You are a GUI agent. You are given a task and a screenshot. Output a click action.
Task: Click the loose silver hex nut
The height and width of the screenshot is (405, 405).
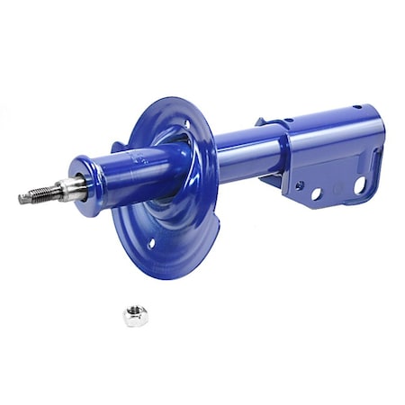pyautogui.click(x=135, y=315)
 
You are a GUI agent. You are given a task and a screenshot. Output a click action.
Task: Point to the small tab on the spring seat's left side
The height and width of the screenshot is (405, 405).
pyautogui.click(x=118, y=147)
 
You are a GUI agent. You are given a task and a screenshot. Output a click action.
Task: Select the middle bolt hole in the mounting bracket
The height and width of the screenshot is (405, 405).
pyautogui.click(x=318, y=193)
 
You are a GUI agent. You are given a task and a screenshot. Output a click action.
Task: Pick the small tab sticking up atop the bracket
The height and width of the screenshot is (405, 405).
pyautogui.click(x=261, y=121)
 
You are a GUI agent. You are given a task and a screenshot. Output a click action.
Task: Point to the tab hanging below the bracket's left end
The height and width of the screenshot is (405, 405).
pyautogui.click(x=269, y=180)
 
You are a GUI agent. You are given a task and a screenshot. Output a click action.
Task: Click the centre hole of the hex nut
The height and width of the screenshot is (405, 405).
pyautogui.click(x=135, y=314)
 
